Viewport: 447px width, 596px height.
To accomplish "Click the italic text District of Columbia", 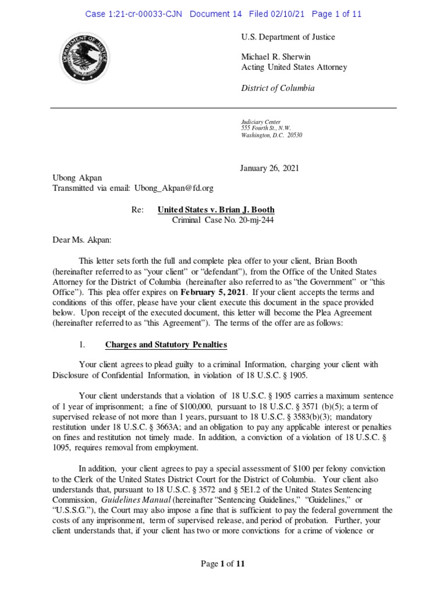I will point(278,88).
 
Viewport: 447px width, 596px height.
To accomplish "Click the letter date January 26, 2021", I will point(269,168).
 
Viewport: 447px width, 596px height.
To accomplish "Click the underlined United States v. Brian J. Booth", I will point(216,210).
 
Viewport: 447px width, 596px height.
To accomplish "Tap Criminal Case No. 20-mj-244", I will point(223,220).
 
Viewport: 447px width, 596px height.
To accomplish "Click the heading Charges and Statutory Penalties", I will point(166,345).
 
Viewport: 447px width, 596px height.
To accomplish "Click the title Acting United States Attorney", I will point(294,67).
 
